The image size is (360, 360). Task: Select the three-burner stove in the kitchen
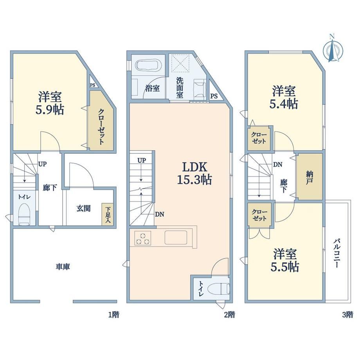[x=143, y=238]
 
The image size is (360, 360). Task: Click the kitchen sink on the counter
[x=176, y=238]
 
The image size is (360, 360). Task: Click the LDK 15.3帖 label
[x=194, y=173]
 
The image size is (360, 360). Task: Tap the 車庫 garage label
[x=63, y=266]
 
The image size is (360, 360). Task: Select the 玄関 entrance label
[x=83, y=208]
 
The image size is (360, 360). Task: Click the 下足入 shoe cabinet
[x=108, y=214]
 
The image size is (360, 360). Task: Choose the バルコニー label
[x=337, y=253]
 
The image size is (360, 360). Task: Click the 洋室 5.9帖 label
[x=50, y=103]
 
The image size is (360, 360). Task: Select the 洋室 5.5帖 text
[x=285, y=260]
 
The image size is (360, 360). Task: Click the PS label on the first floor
[x=92, y=85]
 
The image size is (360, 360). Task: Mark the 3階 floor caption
[x=347, y=314]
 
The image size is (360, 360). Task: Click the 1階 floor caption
[x=113, y=314]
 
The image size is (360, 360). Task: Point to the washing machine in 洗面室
[x=200, y=88]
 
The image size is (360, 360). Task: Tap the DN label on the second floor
[x=159, y=214]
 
